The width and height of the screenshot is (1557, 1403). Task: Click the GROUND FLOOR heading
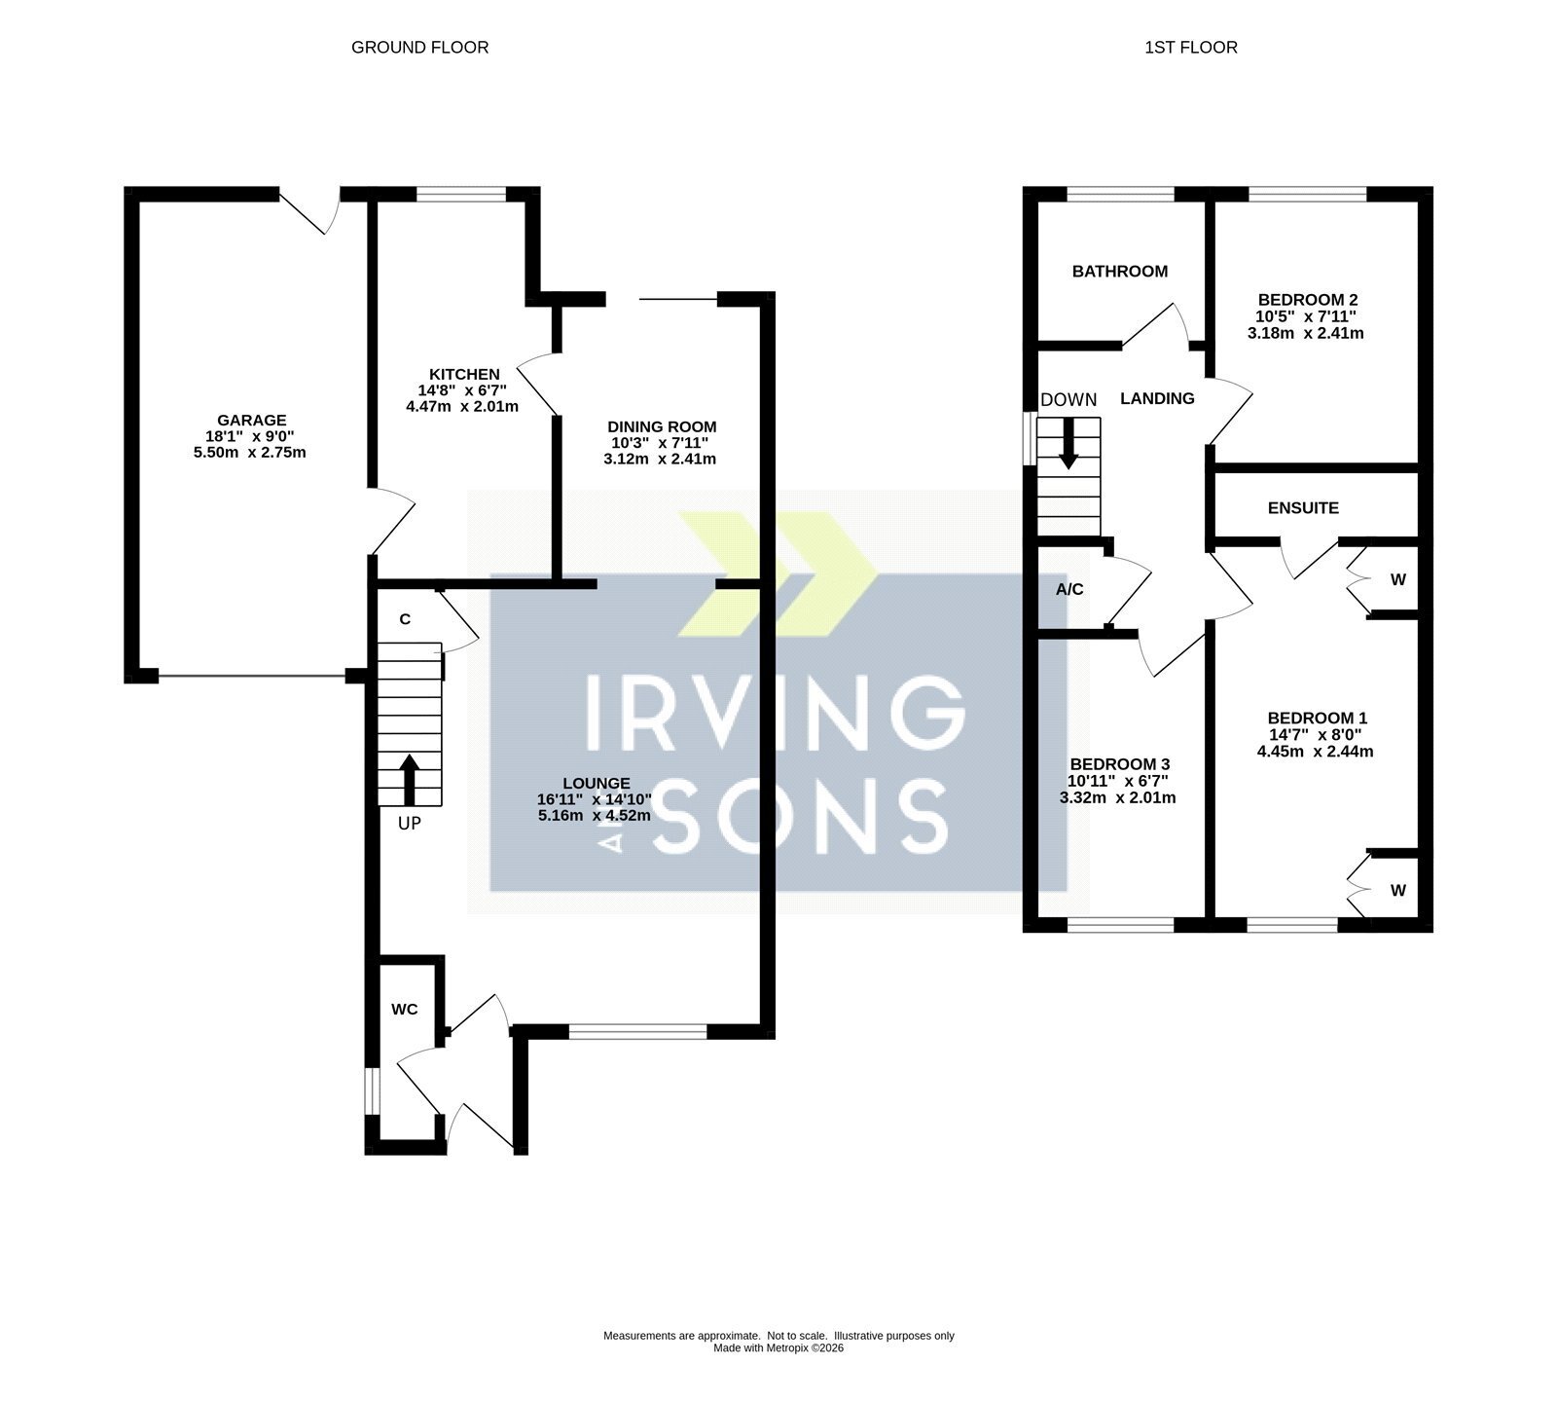(x=419, y=47)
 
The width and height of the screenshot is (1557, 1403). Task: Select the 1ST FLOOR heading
(x=1191, y=47)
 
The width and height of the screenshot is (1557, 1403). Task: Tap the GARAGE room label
(x=251, y=421)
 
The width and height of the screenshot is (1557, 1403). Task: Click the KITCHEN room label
(x=464, y=374)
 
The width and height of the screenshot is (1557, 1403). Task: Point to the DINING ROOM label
(x=662, y=426)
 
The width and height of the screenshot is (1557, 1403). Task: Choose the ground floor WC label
(x=405, y=1010)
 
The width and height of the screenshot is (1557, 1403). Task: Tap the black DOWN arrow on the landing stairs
(x=1068, y=444)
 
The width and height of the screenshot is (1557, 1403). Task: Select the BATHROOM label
(x=1120, y=272)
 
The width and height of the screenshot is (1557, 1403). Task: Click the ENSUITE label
(x=1303, y=508)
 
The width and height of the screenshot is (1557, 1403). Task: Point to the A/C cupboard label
(x=1069, y=590)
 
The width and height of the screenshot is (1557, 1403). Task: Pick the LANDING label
(x=1157, y=398)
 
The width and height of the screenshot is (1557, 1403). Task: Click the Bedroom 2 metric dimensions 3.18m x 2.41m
(x=1305, y=333)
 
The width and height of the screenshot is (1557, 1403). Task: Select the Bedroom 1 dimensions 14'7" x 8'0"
(x=1315, y=735)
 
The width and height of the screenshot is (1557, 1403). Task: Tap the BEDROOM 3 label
(x=1119, y=765)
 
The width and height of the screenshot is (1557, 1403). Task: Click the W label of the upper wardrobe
(x=1398, y=580)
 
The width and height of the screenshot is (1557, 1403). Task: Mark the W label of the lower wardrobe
(x=1398, y=891)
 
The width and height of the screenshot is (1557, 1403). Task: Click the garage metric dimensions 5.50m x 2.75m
(x=250, y=452)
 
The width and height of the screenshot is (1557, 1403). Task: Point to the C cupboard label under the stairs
(x=405, y=619)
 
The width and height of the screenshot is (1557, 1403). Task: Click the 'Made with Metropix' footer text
(x=778, y=1348)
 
